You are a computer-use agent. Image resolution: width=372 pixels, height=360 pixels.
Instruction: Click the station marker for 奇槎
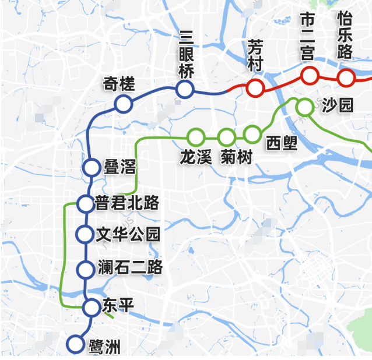(123, 104)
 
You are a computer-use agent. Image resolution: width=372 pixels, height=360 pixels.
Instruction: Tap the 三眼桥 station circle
(185, 89)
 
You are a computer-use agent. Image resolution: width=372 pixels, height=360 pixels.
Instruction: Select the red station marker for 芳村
(255, 89)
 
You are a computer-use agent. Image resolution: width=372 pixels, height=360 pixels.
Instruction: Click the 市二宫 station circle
(310, 75)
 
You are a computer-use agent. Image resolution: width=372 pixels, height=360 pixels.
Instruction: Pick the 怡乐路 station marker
(346, 77)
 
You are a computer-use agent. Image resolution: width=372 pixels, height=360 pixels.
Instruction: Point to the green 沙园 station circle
(304, 107)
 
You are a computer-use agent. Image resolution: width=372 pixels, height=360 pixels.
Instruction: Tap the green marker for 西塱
(252, 134)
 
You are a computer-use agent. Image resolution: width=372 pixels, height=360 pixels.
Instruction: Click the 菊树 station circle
(226, 137)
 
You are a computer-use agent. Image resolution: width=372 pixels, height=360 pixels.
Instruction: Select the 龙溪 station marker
(196, 137)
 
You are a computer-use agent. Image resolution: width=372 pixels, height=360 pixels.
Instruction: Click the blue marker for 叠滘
(92, 167)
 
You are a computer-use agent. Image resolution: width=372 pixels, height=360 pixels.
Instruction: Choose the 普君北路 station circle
(86, 203)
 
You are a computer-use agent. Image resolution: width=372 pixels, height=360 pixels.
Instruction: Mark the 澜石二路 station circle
(86, 269)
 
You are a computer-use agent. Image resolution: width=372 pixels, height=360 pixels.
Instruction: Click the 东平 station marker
(91, 306)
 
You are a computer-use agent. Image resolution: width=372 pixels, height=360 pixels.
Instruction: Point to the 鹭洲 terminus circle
(75, 344)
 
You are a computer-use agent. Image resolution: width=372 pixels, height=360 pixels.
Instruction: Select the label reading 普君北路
(127, 203)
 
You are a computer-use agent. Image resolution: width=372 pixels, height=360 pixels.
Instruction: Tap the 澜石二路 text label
(131, 268)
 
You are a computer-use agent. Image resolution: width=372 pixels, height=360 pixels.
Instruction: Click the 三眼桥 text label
(186, 54)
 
